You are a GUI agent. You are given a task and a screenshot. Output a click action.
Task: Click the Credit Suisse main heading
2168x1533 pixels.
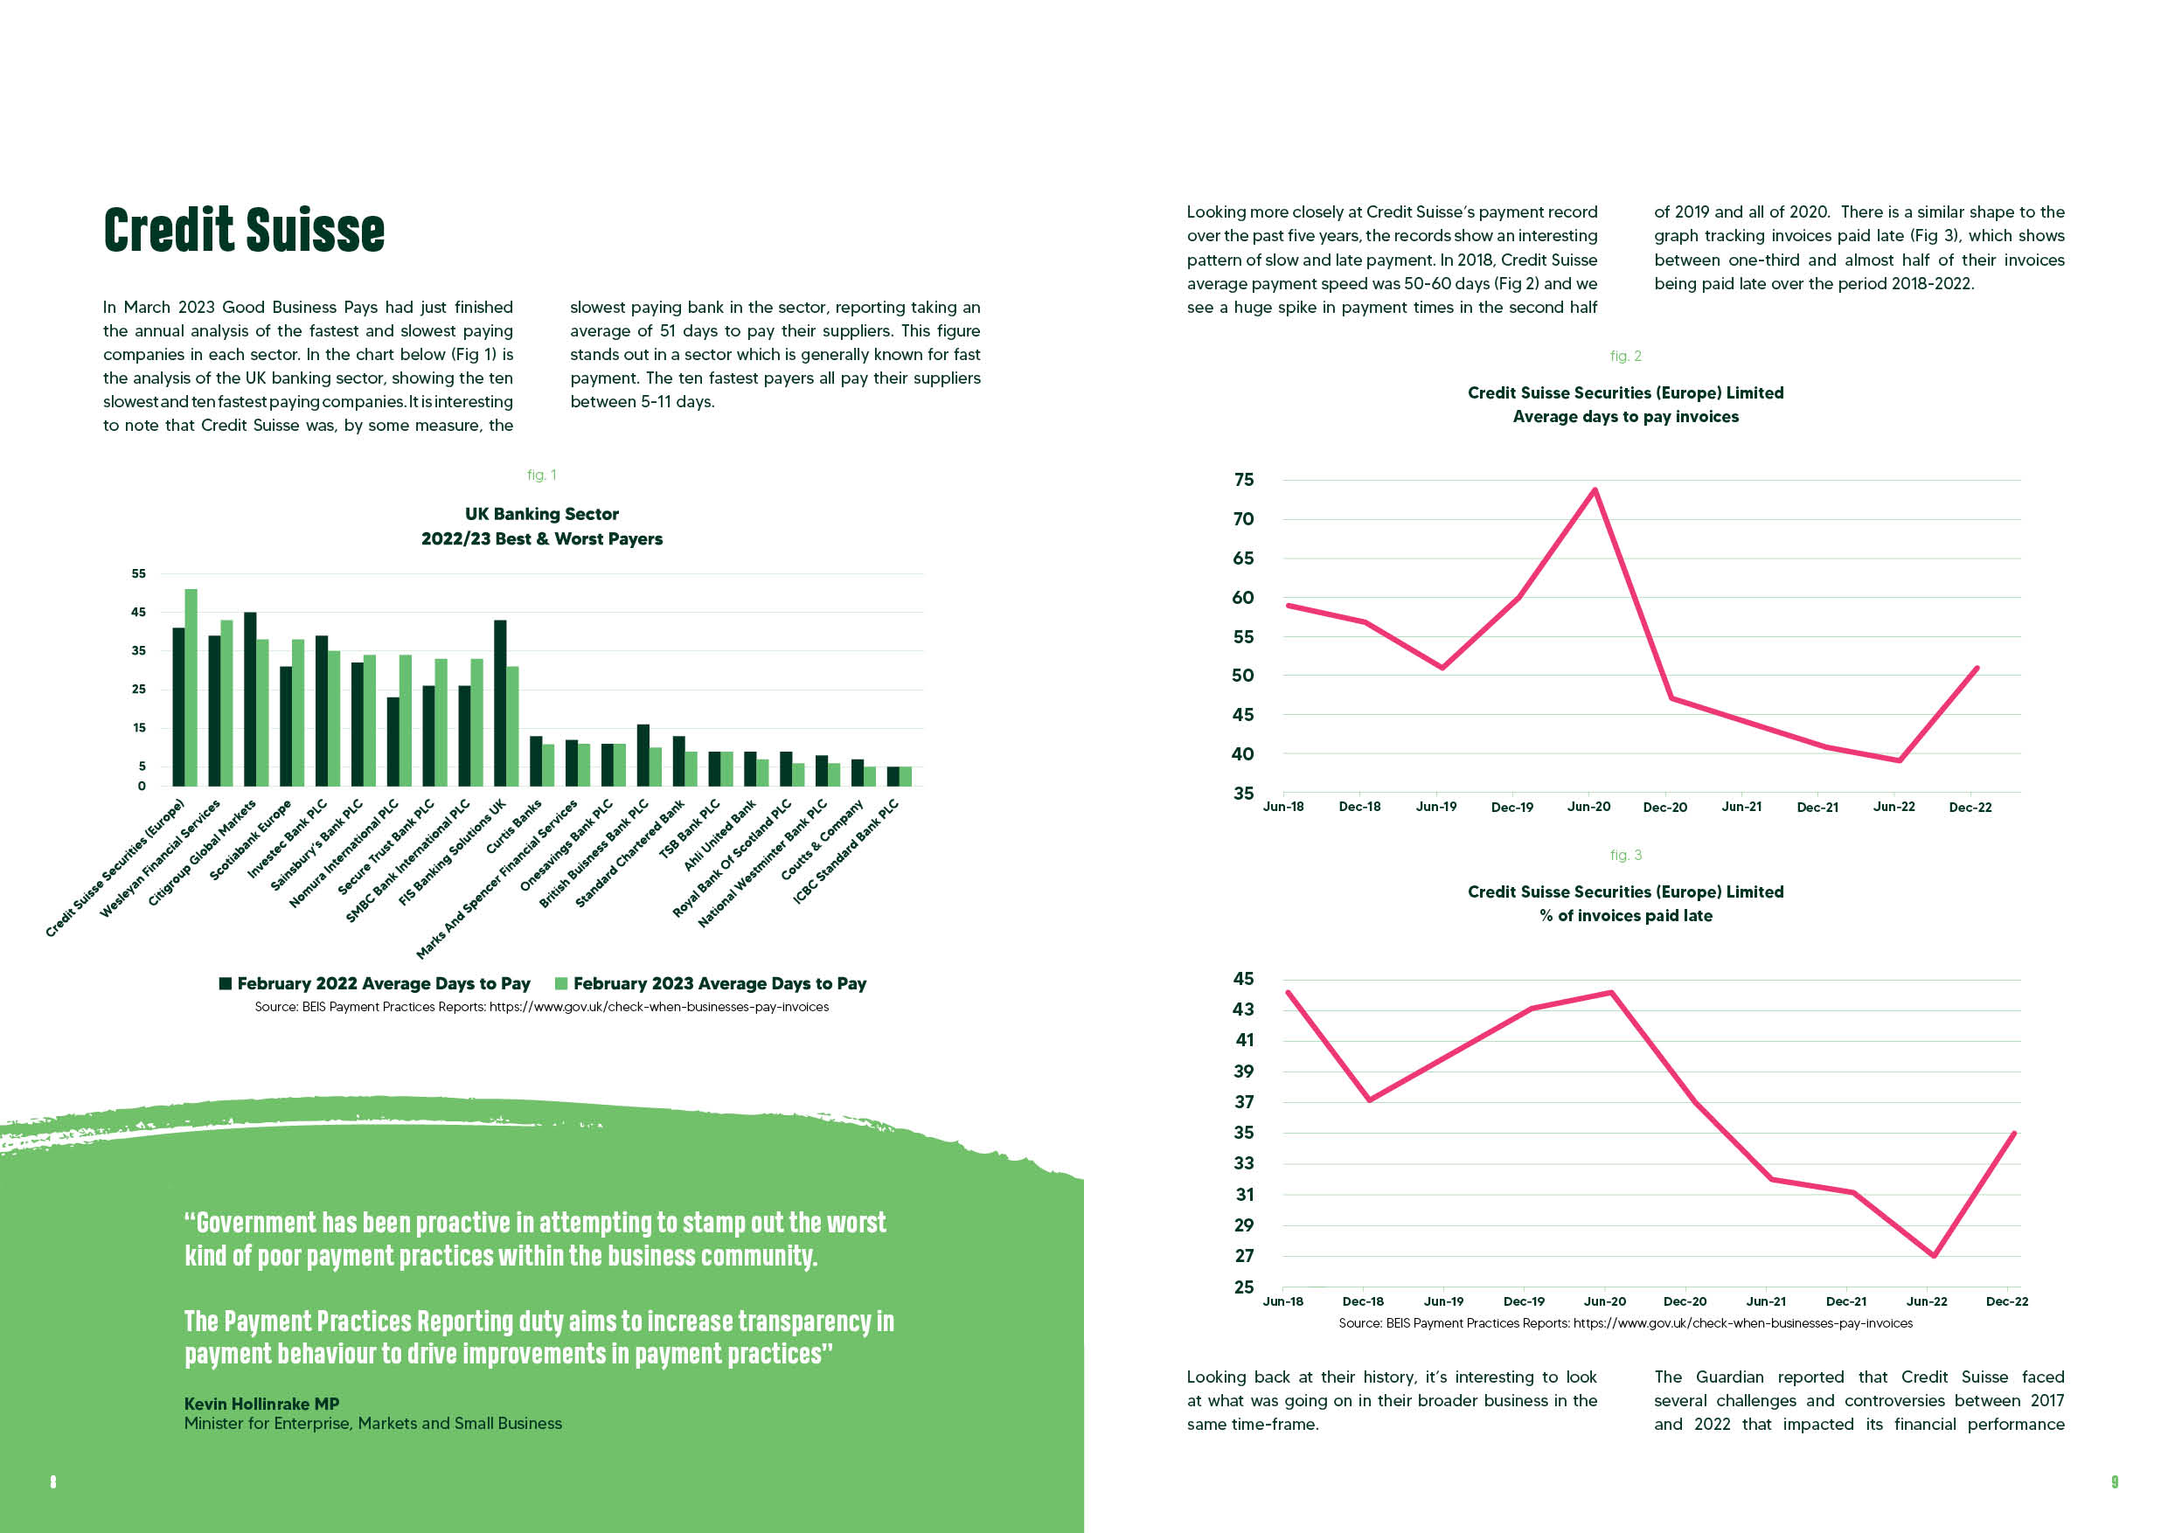244,231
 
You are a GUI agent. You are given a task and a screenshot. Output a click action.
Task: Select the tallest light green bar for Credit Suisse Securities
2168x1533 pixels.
191,687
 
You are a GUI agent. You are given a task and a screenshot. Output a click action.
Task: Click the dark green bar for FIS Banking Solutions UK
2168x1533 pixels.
500,704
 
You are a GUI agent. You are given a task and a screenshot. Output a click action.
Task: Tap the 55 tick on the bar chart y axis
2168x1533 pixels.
139,573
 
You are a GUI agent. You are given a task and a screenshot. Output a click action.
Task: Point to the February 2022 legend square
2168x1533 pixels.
226,983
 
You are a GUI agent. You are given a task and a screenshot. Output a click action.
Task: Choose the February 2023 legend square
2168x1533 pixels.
561,983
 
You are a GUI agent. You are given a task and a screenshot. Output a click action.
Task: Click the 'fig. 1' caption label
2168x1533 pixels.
542,475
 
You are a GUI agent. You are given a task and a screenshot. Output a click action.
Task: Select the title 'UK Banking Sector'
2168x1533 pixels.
542,514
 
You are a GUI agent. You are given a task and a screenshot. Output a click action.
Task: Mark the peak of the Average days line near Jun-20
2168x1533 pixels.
1595,489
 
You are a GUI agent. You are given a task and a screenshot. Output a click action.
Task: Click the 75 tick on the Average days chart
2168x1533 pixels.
1244,480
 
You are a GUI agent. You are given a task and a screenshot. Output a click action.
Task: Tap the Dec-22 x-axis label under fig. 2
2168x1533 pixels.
1970,807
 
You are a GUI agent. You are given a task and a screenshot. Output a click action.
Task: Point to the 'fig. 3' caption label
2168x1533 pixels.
1626,856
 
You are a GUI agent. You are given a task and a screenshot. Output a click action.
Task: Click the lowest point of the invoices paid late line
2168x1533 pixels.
1934,1255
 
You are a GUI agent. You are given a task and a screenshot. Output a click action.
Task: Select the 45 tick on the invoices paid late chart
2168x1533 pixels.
1244,979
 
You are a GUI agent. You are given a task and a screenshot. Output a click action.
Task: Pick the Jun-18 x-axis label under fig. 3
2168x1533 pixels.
1282,1301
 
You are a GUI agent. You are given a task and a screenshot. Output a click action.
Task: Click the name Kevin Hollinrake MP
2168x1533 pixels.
261,1404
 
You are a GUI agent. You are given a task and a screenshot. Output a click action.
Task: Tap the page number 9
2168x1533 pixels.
2114,1482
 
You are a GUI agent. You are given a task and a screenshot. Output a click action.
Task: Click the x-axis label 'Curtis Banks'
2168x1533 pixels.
515,826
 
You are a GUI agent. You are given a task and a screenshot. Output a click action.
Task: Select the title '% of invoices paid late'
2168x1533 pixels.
1626,916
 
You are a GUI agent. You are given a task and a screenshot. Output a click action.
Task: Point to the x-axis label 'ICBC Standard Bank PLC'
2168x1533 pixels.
846,851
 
